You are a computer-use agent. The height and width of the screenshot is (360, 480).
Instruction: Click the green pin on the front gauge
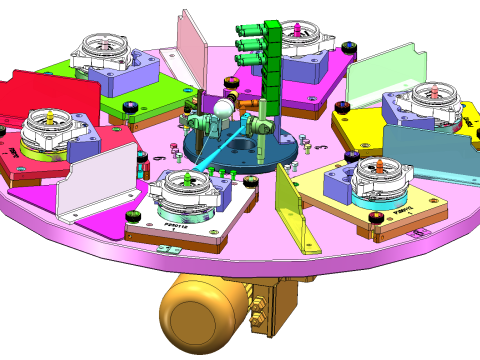click(x=189, y=180)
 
